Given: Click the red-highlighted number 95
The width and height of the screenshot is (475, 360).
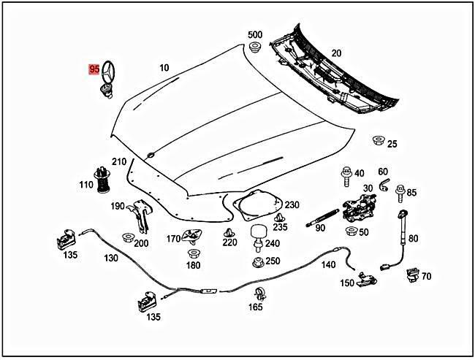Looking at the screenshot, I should (x=94, y=69).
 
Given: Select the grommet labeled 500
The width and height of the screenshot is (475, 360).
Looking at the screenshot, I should (x=255, y=49).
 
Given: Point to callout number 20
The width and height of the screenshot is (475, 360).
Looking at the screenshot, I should (x=336, y=53).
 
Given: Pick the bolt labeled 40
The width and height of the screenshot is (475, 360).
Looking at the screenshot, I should (x=344, y=175).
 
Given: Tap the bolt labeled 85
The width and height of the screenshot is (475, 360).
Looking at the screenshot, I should (x=400, y=193).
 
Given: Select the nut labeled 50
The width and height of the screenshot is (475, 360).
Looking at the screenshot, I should (x=351, y=231).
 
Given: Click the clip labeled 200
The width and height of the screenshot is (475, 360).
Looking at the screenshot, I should (x=128, y=237).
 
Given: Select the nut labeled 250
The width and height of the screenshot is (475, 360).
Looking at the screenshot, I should (x=257, y=261).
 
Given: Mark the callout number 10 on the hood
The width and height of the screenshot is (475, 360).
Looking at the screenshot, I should (x=164, y=68).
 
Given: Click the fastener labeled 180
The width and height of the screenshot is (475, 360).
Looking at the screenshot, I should (x=193, y=253).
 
